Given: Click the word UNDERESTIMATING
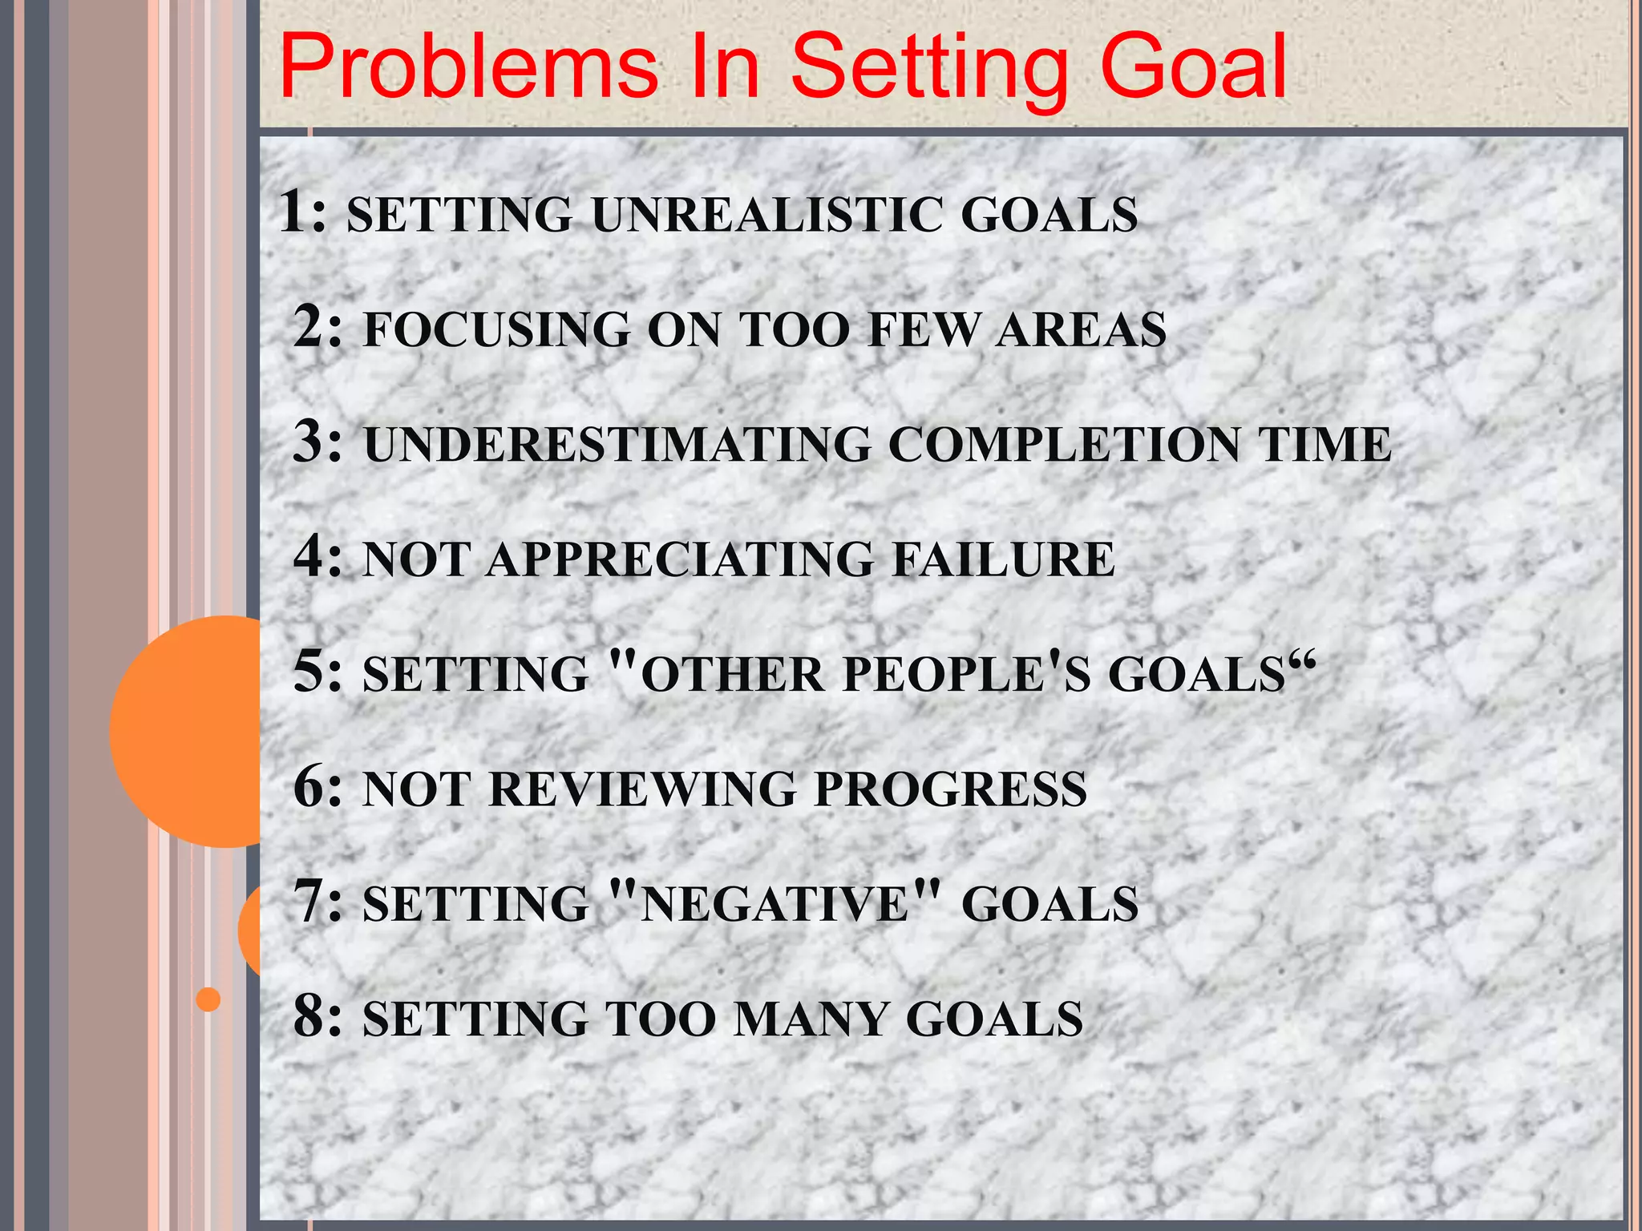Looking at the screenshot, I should pos(617,445).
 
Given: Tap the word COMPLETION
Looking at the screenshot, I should pos(1063,445).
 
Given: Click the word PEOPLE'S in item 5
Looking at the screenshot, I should pos(967,674).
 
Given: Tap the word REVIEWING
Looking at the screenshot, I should pos(642,789).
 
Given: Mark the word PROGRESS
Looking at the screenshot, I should pos(951,789).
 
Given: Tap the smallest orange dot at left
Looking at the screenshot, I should pos(208,999).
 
